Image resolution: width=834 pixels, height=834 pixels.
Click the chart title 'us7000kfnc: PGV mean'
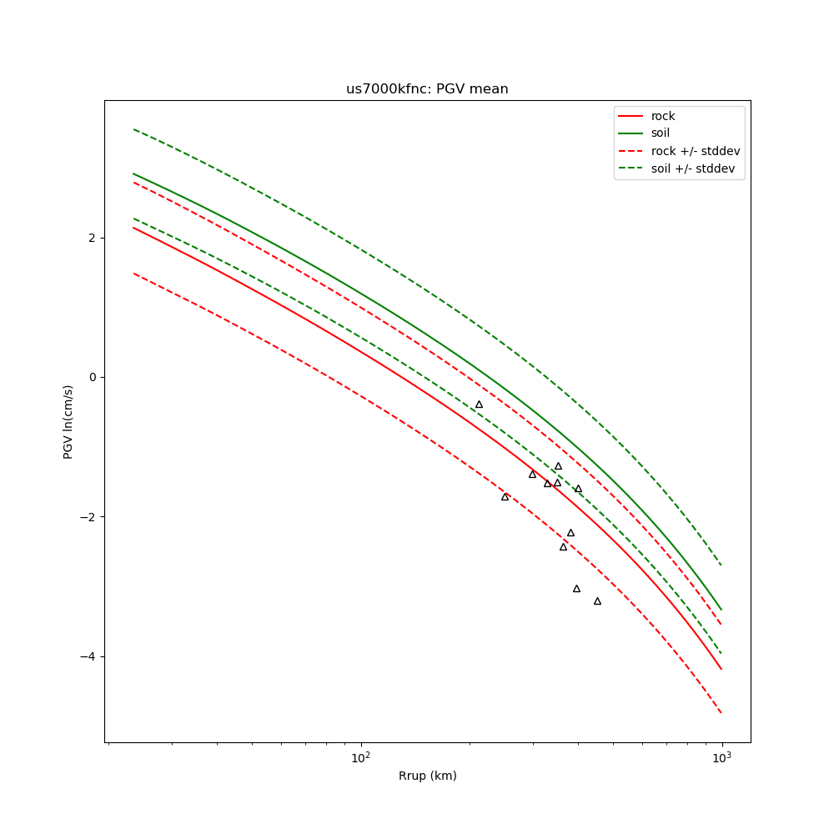(x=427, y=89)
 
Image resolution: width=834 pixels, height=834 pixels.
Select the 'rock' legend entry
(x=663, y=116)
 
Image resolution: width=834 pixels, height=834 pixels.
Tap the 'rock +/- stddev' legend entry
(x=695, y=151)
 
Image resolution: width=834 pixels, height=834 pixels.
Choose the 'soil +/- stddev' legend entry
(x=695, y=168)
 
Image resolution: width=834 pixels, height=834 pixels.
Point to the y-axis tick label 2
(x=92, y=238)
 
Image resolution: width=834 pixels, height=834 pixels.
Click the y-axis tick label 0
(x=92, y=377)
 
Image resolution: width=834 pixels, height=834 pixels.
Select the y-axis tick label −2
(x=88, y=517)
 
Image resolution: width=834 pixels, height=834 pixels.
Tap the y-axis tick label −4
(x=88, y=656)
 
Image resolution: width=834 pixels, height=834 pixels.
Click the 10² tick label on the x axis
(x=360, y=758)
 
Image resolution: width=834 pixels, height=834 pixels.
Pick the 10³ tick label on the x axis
(x=721, y=758)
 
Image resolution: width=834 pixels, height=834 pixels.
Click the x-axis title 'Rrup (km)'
(x=427, y=776)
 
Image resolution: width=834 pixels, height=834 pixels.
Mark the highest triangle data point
(x=479, y=404)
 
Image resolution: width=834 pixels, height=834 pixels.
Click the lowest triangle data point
(x=597, y=601)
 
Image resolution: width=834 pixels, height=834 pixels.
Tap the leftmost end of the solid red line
(x=133, y=228)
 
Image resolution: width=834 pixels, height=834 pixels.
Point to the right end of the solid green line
(x=721, y=610)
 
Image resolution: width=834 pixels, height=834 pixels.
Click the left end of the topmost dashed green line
(x=133, y=129)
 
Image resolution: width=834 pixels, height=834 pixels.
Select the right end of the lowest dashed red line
(x=721, y=713)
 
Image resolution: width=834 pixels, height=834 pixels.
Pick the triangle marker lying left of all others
(x=479, y=404)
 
